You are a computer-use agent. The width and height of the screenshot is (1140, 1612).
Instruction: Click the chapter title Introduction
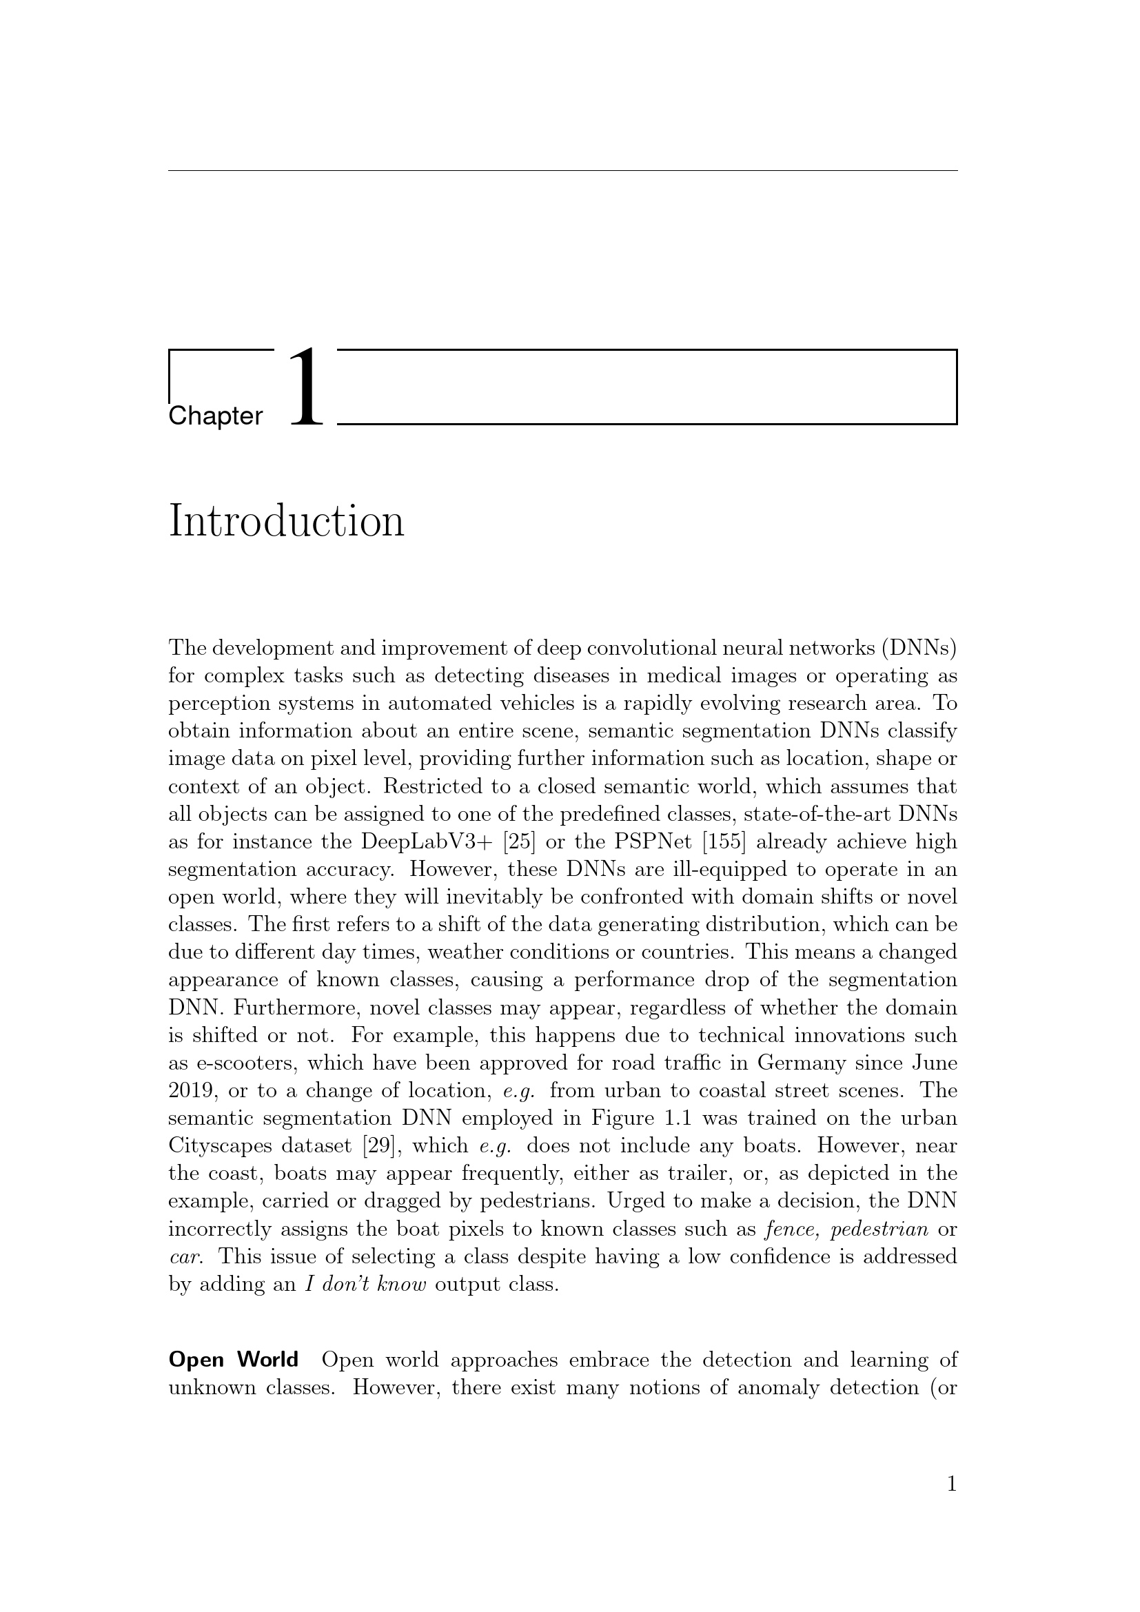287,522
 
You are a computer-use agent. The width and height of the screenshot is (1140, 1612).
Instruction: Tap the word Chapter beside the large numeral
216,416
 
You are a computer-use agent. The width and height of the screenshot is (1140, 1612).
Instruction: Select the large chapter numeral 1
306,387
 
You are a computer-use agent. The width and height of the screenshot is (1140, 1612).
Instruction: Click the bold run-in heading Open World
233,1360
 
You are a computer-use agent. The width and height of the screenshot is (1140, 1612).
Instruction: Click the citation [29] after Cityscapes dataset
380,1147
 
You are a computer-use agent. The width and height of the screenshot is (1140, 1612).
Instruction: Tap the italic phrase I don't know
366,1285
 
